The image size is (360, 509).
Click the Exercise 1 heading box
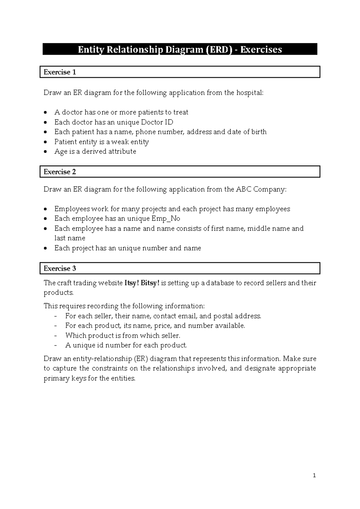point(180,72)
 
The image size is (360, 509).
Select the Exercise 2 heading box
point(180,172)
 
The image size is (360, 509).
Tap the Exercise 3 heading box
point(180,268)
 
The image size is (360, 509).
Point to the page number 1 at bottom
point(314,475)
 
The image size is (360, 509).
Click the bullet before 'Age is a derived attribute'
point(45,152)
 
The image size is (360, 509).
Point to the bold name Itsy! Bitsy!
point(142,283)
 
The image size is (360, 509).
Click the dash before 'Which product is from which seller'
point(55,336)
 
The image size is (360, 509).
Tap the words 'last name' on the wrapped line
point(70,238)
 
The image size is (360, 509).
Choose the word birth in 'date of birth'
point(259,132)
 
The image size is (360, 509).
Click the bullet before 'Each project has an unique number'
point(45,248)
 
